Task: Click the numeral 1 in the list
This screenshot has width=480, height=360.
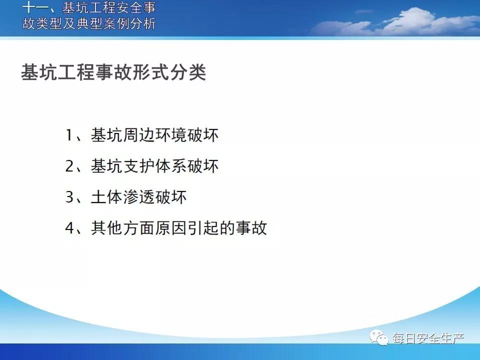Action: [69, 135]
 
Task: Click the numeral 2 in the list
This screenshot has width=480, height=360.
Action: [70, 166]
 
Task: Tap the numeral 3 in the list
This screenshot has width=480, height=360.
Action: [70, 197]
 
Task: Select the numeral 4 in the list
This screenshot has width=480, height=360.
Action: [70, 228]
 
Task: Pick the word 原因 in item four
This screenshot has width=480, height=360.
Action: [171, 228]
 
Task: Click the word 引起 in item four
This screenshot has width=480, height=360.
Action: [202, 228]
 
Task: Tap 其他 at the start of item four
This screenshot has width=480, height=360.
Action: [107, 228]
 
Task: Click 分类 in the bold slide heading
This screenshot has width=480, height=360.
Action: [188, 72]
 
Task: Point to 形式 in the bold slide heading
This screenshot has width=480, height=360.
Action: [150, 72]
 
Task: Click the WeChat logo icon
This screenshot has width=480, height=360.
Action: [379, 337]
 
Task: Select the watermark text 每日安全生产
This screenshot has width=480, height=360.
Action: [428, 338]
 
